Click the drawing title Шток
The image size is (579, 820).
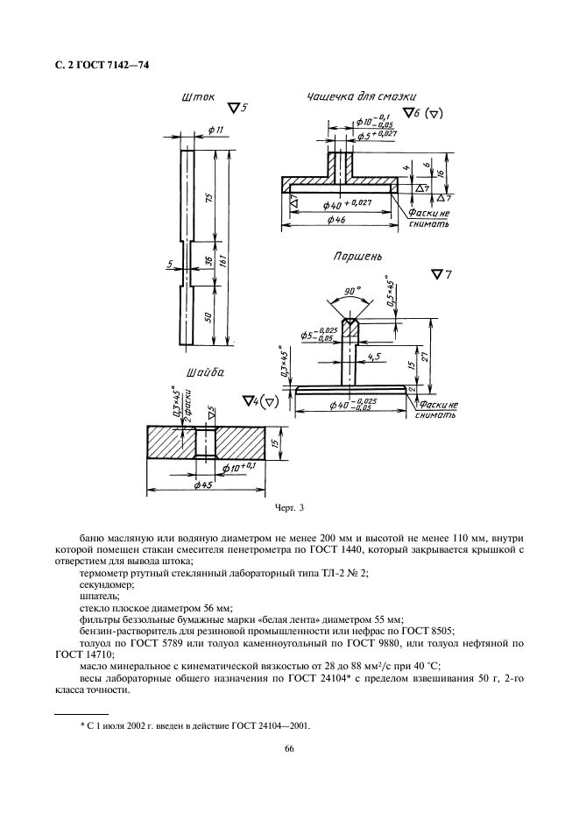click(x=197, y=98)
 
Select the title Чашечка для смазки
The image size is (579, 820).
click(x=362, y=96)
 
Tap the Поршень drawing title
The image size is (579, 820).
click(x=357, y=257)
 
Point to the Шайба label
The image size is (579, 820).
click(x=205, y=373)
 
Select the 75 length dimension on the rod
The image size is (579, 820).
click(x=208, y=198)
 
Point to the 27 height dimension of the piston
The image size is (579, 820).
click(x=424, y=357)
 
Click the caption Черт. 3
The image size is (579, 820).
click(x=289, y=507)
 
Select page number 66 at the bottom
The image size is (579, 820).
click(x=289, y=748)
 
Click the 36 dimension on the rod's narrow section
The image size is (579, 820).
click(x=208, y=263)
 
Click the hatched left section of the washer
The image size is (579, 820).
click(x=170, y=442)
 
